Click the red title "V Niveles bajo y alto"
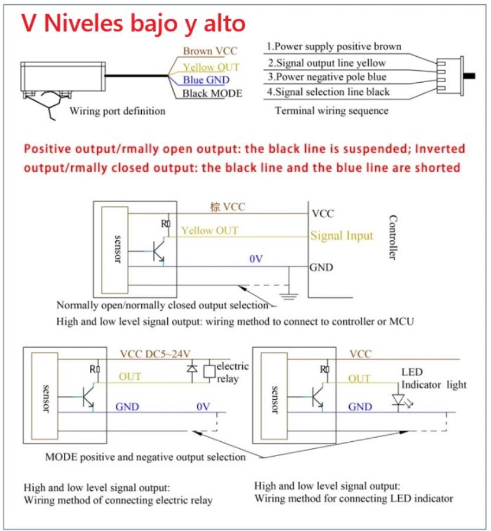(134, 24)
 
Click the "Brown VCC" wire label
(209, 51)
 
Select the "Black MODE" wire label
(212, 93)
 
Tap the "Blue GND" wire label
(206, 80)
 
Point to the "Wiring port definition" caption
(117, 110)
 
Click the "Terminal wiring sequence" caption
(331, 110)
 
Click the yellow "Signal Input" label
(342, 236)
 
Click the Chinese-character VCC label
(227, 207)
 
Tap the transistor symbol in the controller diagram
(159, 251)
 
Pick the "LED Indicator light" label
(434, 379)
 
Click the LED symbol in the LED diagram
(397, 398)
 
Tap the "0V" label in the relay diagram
(203, 406)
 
